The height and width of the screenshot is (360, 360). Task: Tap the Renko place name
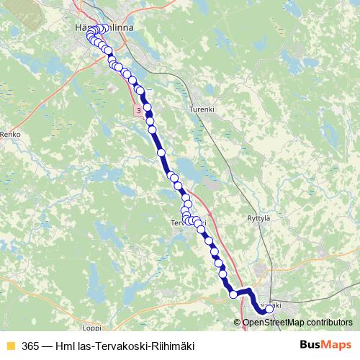[12, 135]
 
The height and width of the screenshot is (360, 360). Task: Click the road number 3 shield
[137, 109]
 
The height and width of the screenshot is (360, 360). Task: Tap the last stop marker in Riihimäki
[270, 309]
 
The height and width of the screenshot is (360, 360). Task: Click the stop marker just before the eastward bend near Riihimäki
[233, 294]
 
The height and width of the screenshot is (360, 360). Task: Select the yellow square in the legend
[10, 346]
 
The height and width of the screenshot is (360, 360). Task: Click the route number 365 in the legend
[31, 346]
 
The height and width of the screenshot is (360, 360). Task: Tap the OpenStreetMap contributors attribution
[298, 322]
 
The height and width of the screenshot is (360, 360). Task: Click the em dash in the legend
[49, 346]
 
